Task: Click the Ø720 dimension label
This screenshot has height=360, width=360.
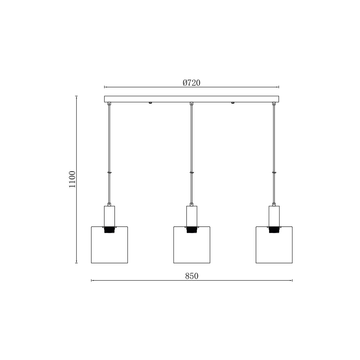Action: tap(191, 83)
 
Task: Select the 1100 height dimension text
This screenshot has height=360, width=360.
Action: tap(72, 179)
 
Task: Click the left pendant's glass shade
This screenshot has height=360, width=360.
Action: tap(109, 245)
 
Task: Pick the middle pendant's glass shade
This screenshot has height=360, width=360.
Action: tap(192, 245)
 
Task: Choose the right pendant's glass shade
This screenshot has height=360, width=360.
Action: tap(274, 245)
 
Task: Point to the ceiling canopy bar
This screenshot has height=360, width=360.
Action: tap(192, 99)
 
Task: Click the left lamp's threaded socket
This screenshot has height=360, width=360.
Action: tap(109, 230)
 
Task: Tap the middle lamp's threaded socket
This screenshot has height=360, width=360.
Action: tap(192, 230)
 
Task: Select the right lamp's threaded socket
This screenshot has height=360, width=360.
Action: tap(274, 230)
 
